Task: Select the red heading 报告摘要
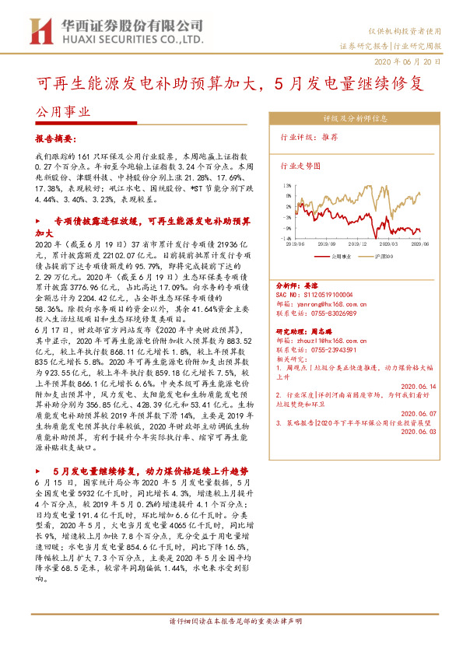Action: coord(56,139)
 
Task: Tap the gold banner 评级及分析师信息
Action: coord(355,119)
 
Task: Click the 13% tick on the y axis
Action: coord(286,186)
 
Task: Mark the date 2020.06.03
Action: coord(419,434)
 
